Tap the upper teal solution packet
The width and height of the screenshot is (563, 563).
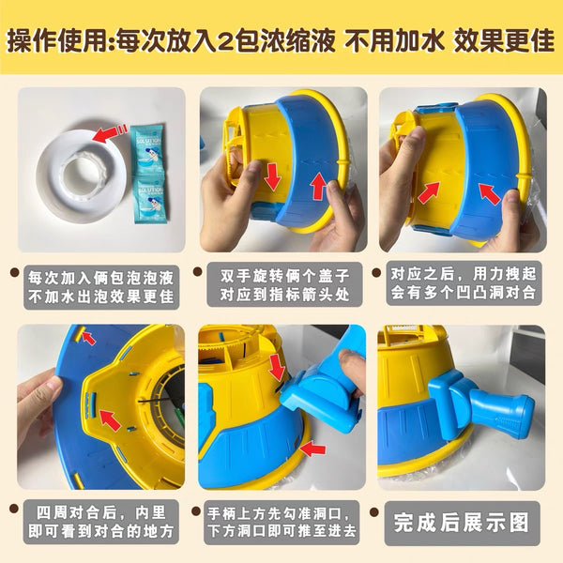[146, 150]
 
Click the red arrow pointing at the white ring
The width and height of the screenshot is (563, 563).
[110, 133]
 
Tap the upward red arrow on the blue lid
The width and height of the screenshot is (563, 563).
[318, 186]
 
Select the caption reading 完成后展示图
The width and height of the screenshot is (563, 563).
[462, 523]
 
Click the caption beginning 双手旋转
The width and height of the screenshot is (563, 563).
[284, 285]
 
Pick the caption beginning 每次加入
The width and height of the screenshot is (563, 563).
[101, 287]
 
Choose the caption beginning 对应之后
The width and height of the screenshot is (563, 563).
[464, 283]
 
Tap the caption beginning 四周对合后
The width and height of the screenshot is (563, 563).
[101, 522]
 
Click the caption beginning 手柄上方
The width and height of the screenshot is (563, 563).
[281, 522]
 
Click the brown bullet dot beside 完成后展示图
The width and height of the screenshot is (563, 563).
[374, 511]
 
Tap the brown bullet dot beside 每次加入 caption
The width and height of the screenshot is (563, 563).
[14, 272]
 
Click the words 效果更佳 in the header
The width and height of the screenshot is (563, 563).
[504, 39]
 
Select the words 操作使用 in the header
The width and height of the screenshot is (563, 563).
[57, 40]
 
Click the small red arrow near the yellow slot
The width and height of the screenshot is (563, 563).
[88, 337]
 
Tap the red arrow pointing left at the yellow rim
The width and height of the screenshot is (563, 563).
[312, 449]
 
